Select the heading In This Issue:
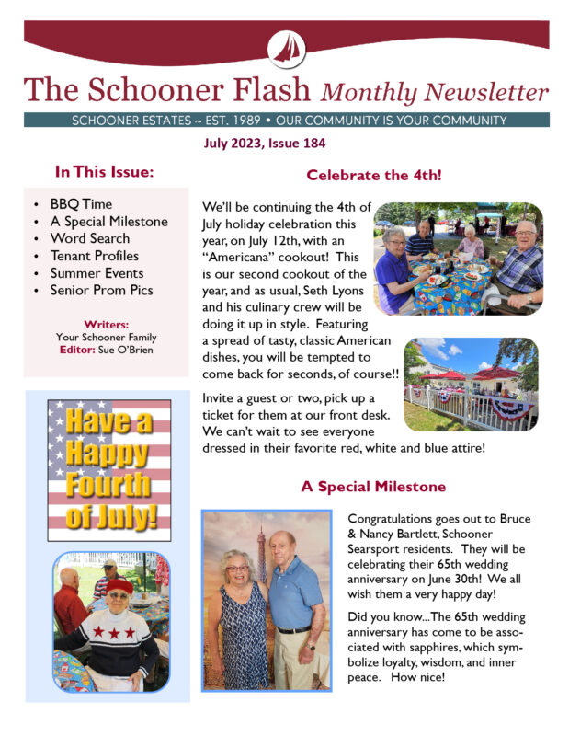[x=104, y=172]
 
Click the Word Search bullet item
[x=90, y=238]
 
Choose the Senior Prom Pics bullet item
[x=102, y=290]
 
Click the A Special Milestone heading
[x=373, y=486]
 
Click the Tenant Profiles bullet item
[x=95, y=256]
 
